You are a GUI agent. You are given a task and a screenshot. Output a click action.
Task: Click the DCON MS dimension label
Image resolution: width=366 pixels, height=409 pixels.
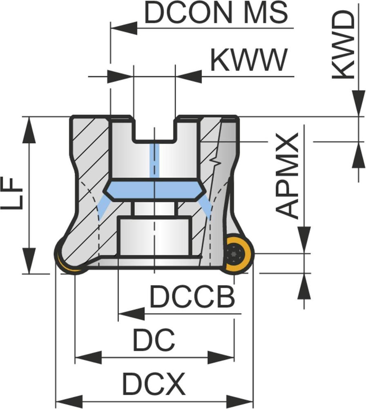point(216,13)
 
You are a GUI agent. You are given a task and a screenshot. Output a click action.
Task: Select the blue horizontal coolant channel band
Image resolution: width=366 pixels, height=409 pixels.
point(154,189)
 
